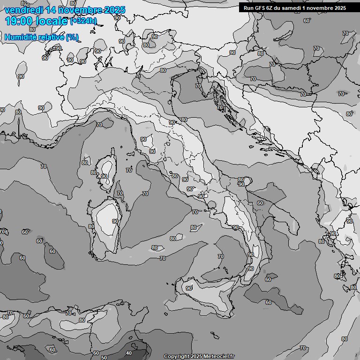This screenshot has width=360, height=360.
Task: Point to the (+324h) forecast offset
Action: coord(83,21)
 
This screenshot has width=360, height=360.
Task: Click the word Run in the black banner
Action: coord(248,8)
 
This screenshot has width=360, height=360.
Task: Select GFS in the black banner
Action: coord(259,8)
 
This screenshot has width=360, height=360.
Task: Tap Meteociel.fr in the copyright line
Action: coord(219,356)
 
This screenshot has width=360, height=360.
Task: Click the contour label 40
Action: coord(129,353)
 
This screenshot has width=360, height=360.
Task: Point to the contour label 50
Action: coord(104,358)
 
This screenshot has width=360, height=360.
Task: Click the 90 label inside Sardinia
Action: coord(115,221)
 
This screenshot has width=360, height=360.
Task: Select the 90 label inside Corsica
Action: coord(104,176)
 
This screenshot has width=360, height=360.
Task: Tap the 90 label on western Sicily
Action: coord(189,288)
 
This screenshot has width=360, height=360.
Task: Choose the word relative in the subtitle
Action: coord(51,37)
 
